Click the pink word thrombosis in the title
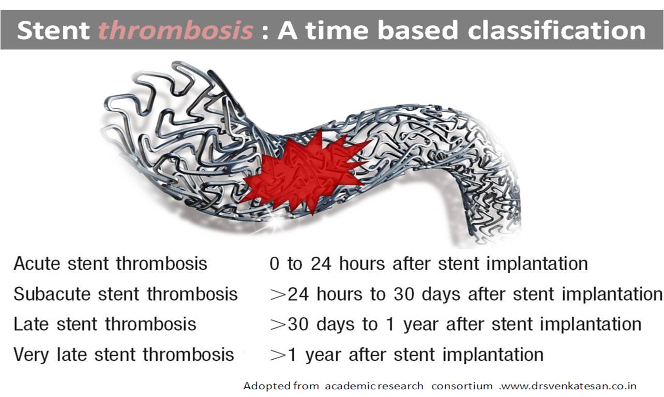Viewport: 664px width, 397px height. [x=176, y=31]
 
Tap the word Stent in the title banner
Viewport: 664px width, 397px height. [x=54, y=31]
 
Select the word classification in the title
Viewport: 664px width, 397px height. [x=556, y=30]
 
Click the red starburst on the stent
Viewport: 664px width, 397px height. [x=305, y=172]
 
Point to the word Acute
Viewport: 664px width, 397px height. [x=37, y=263]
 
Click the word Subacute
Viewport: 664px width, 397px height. [x=52, y=294]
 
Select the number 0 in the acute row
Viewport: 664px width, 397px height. [x=275, y=263]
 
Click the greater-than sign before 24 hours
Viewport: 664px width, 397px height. [x=278, y=295]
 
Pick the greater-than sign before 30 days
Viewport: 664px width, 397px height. [x=278, y=325]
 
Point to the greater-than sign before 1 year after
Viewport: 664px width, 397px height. [x=278, y=355]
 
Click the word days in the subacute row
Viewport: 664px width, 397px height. [x=441, y=295]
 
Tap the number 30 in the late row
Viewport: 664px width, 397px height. [x=298, y=324]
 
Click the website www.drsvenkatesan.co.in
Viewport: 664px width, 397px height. [x=568, y=386]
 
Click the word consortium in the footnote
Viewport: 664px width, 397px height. [x=462, y=386]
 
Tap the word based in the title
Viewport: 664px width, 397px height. [x=418, y=30]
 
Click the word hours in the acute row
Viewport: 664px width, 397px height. [x=362, y=263]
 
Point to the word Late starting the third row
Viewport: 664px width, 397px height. [x=31, y=324]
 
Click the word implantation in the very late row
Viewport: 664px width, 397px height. [x=493, y=355]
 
